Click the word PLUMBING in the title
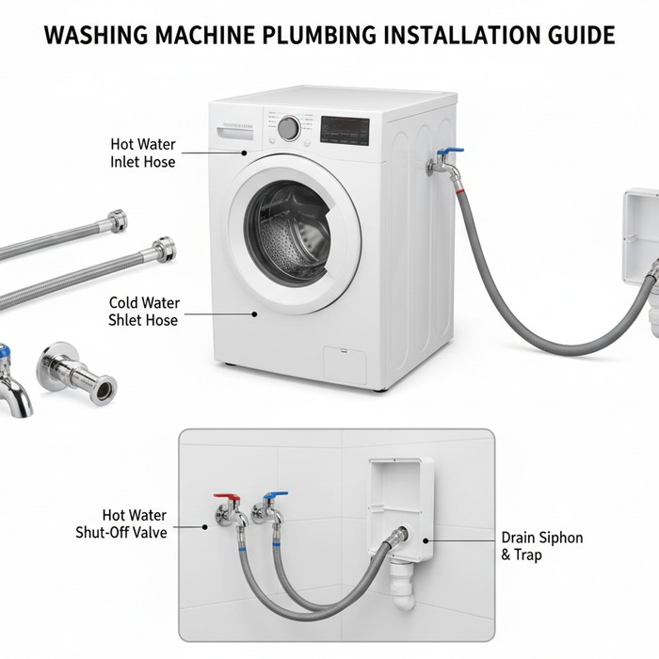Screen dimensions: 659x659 (x=319, y=35)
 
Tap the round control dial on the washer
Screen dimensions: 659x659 (x=289, y=128)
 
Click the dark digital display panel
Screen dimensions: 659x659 (x=346, y=131)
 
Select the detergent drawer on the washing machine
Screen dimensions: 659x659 (x=235, y=133)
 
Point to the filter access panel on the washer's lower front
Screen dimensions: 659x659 (x=345, y=365)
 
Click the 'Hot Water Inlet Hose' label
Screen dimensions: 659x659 (x=143, y=153)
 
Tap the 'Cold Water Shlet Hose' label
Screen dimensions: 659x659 (x=144, y=312)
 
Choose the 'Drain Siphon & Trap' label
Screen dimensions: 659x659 (x=542, y=546)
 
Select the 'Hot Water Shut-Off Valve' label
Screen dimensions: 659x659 (x=121, y=524)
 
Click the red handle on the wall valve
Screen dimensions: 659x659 (x=227, y=497)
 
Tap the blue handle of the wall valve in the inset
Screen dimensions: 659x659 (x=275, y=495)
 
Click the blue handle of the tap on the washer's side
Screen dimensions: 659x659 (x=451, y=151)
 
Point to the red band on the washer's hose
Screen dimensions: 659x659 (x=460, y=192)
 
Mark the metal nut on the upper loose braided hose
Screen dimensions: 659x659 (x=117, y=220)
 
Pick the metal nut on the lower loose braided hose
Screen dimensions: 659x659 (x=165, y=249)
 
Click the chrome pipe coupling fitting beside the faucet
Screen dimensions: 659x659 (x=76, y=374)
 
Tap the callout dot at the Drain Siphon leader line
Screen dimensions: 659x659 (x=426, y=541)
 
